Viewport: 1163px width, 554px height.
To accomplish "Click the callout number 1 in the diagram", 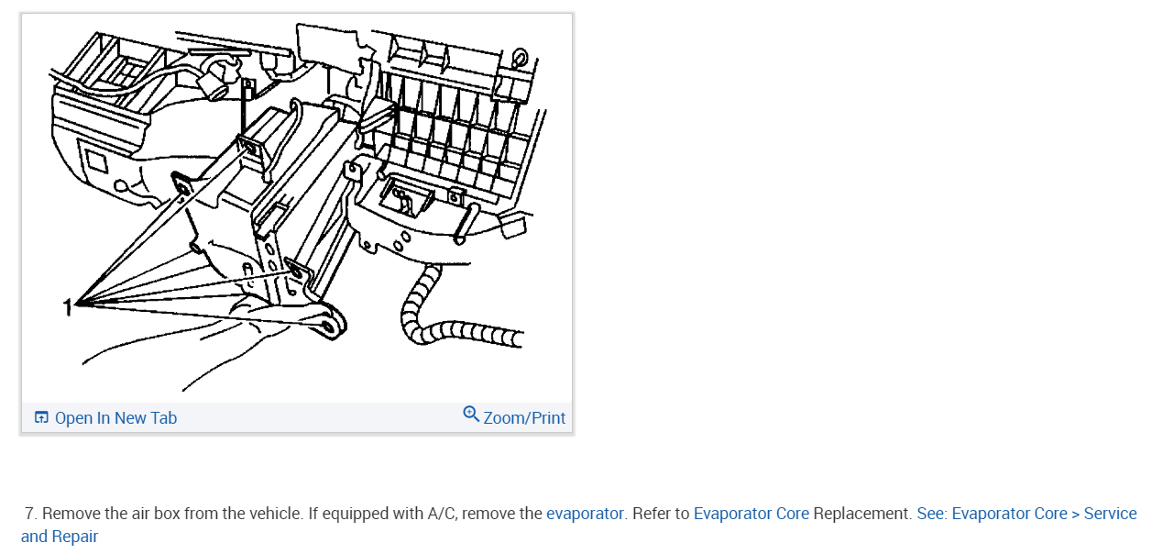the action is point(67,306).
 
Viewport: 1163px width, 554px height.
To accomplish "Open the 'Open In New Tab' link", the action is point(115,418).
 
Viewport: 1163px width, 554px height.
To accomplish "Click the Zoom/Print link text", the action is point(524,418).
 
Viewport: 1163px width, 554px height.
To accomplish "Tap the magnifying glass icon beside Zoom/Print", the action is point(471,415).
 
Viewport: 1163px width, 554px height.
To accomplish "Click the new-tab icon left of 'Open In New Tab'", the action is point(41,418).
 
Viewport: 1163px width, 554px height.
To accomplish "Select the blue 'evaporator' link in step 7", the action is point(585,514).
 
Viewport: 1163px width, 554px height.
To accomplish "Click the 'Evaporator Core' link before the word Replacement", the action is point(751,514).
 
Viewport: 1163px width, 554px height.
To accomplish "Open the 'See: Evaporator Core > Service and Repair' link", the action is point(1026,514).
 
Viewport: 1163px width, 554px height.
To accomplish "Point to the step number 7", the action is point(30,514).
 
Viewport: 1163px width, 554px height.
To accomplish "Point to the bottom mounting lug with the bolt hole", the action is point(329,323).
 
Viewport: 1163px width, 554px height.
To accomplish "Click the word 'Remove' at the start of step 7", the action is point(68,514).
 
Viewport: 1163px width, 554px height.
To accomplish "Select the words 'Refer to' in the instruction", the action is point(660,514).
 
